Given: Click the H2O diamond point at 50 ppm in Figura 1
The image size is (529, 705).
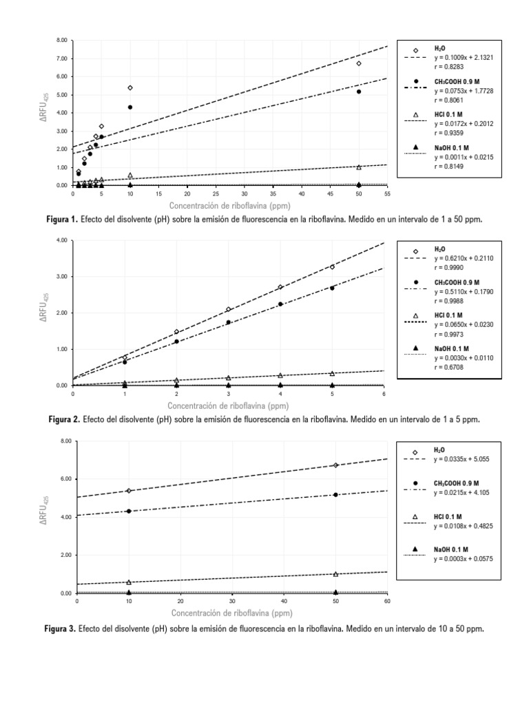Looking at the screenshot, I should tap(359, 63).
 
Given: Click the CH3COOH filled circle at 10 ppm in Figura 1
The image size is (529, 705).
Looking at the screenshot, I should tap(130, 107).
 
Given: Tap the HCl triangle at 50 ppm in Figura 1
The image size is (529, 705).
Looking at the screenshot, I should tap(359, 167).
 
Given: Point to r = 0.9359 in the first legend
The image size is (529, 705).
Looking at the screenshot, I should tap(447, 131).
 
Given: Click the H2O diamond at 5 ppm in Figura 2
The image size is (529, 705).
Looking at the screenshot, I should tap(332, 266).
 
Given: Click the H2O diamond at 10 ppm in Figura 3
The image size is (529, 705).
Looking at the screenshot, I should tap(129, 491).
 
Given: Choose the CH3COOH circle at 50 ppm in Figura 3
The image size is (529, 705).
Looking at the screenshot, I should tap(335, 494).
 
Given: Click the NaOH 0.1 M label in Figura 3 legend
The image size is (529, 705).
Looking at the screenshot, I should tap(451, 548).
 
